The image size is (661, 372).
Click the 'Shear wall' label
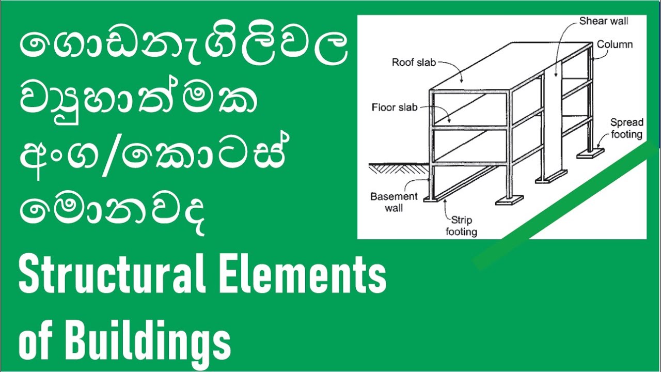(611, 21)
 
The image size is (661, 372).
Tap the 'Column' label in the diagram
(615, 44)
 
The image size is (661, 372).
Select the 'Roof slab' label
(414, 63)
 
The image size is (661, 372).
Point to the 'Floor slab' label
(395, 107)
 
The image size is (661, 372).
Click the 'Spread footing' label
(626, 129)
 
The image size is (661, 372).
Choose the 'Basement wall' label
(394, 202)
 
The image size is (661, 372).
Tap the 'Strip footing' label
(461, 225)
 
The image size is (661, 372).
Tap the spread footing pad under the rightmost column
(589, 153)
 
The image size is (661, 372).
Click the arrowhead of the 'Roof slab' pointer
(463, 82)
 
